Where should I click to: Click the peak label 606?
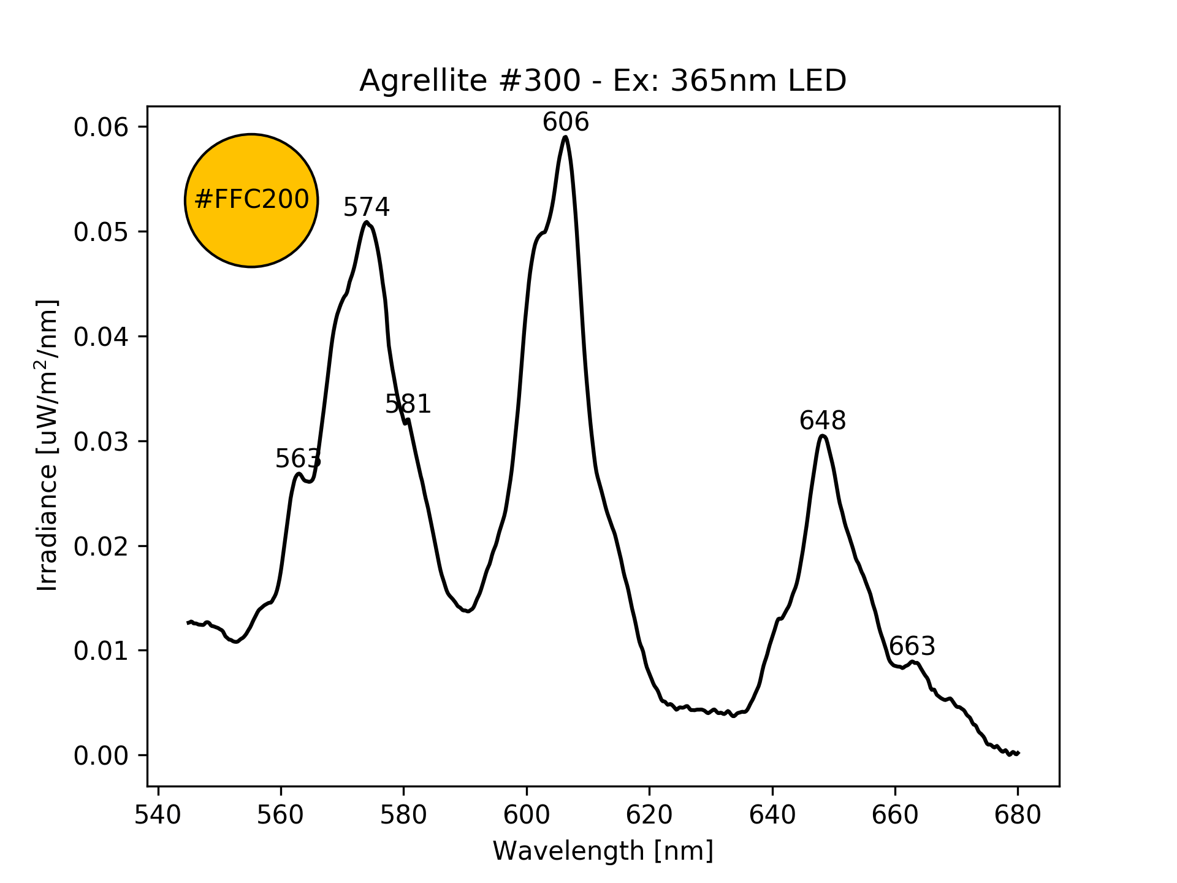pos(565,123)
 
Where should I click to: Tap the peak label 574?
pos(366,208)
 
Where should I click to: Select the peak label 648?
pos(822,421)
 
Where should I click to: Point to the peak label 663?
pos(912,647)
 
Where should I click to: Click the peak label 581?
pos(408,405)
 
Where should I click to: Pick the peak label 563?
pos(298,459)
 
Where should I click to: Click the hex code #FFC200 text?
pos(251,200)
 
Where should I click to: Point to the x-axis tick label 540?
pos(158,815)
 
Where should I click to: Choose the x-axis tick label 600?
pos(527,815)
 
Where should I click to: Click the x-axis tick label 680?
pos(1018,815)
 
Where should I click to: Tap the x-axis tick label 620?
pos(649,815)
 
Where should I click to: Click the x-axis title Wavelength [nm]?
pos(603,851)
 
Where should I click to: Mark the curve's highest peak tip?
pos(565,137)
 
